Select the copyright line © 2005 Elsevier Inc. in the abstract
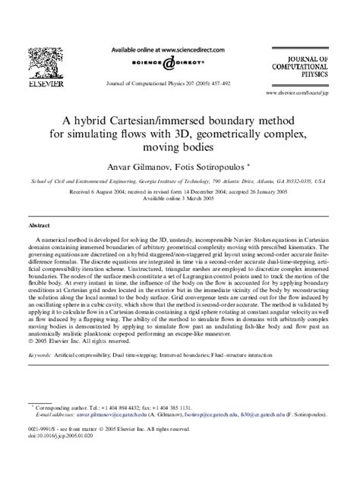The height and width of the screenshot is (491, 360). click(x=73, y=341)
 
